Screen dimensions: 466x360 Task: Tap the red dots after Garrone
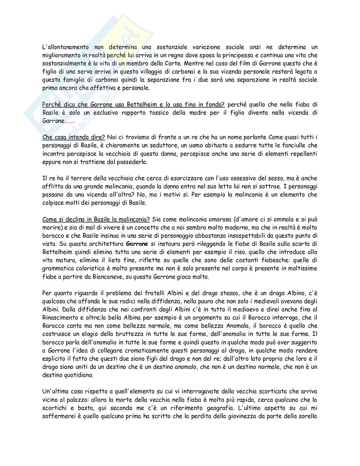pyautogui.click(x=69, y=121)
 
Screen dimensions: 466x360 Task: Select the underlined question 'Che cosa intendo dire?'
pyautogui.click(x=74, y=137)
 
